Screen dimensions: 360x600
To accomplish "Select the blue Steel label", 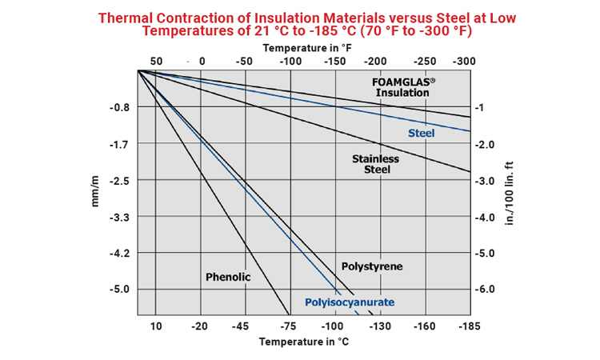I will pyautogui.click(x=421, y=133).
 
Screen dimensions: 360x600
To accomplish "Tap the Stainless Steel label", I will pyautogui.click(x=375, y=164).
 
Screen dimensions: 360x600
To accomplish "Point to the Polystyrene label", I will pyautogui.click(x=371, y=266).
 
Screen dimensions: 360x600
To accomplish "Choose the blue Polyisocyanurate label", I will pyautogui.click(x=350, y=302).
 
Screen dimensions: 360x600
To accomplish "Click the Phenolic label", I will pyautogui.click(x=228, y=277).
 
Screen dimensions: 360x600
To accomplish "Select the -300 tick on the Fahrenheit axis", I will pyautogui.click(x=463, y=62).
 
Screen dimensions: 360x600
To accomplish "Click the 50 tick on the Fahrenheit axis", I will pyautogui.click(x=156, y=62).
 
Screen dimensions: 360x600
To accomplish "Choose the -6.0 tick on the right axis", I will pyautogui.click(x=486, y=290).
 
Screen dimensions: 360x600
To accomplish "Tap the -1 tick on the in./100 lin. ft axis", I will pyautogui.click(x=481, y=107).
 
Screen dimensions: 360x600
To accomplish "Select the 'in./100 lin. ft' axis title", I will pyautogui.click(x=510, y=192).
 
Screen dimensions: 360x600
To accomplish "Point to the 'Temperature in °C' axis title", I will pyautogui.click(x=304, y=342).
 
